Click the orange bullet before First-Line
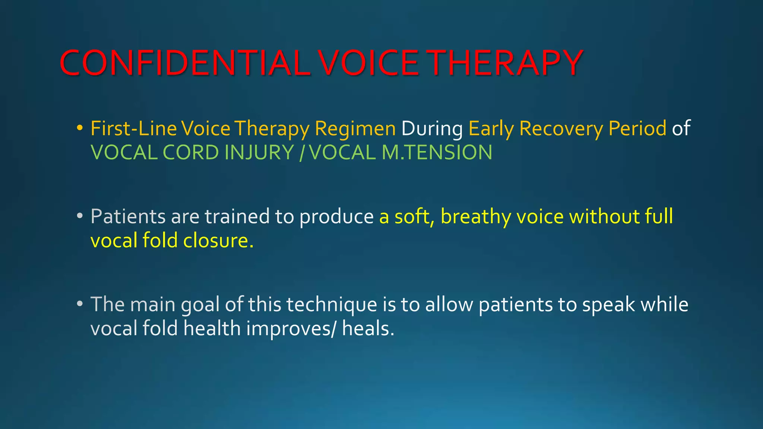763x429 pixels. [79, 128]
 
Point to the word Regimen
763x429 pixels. [355, 129]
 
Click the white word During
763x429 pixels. [432, 129]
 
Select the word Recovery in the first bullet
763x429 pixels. [561, 129]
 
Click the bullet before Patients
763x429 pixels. [79, 216]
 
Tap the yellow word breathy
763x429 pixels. [475, 217]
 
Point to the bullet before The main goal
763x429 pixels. [79, 304]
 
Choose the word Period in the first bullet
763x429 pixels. [637, 129]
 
